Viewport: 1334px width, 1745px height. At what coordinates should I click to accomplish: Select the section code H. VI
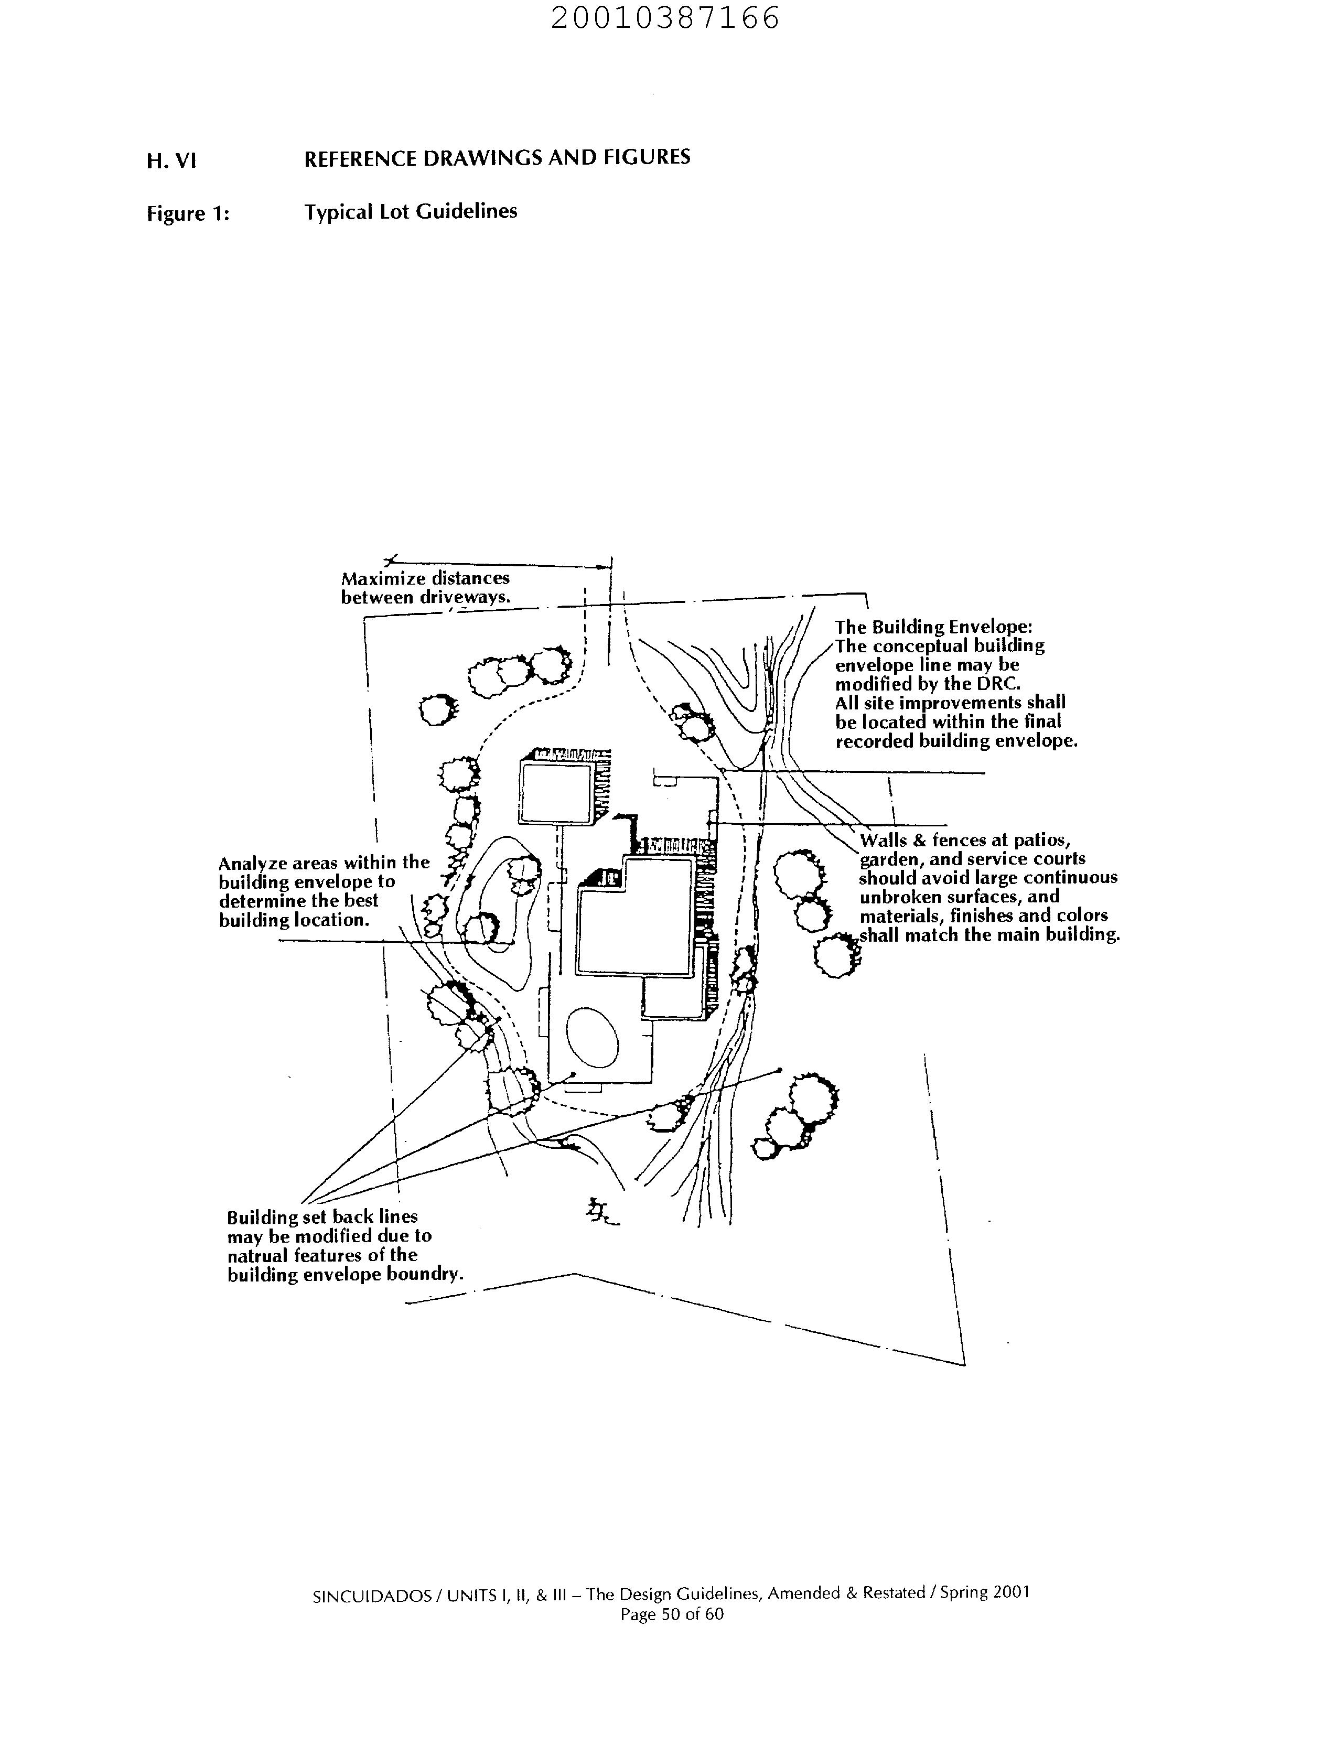tap(171, 161)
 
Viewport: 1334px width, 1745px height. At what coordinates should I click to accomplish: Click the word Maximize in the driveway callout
tap(383, 579)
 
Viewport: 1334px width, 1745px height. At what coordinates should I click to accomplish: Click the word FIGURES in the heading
tap(647, 157)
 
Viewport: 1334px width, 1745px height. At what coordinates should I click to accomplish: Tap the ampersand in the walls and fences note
tap(919, 840)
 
